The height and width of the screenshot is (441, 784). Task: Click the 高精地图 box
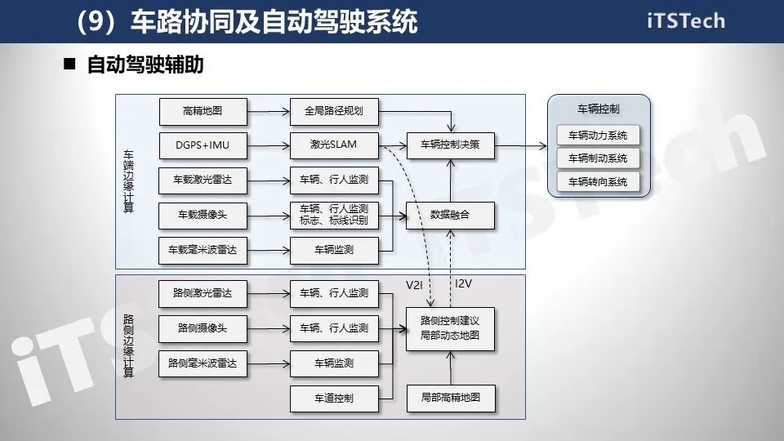click(203, 111)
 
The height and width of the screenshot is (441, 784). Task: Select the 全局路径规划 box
click(334, 111)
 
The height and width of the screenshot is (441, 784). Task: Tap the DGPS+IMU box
click(203, 145)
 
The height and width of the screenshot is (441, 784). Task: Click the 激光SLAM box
click(334, 145)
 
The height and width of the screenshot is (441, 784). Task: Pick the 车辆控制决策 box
click(450, 145)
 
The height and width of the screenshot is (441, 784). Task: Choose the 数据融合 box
click(450, 215)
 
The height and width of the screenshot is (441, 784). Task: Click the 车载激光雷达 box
click(203, 180)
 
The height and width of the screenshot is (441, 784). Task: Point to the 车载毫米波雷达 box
click(203, 250)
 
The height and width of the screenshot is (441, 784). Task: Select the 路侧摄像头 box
click(203, 328)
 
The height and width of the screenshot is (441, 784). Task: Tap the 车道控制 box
click(334, 398)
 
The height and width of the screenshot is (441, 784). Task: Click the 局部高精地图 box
click(450, 398)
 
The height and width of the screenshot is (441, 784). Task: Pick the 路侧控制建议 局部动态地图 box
click(450, 328)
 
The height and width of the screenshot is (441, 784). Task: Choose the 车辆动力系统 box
click(598, 136)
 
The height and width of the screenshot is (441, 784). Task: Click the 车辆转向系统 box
click(598, 182)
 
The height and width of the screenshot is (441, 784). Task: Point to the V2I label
click(415, 285)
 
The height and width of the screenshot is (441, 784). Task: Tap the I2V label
click(463, 283)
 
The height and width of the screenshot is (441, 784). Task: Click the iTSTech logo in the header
click(685, 21)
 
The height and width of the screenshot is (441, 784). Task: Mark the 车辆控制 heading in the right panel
click(598, 109)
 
